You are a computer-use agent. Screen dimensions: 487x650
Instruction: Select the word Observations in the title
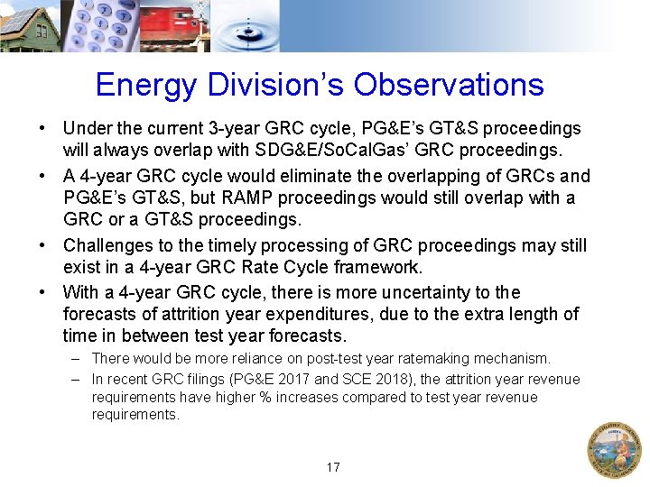pos(449,85)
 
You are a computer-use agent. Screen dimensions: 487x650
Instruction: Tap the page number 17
pos(333,467)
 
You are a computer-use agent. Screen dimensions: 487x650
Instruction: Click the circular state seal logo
pos(614,449)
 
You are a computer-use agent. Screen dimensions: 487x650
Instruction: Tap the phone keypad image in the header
pos(99,25)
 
